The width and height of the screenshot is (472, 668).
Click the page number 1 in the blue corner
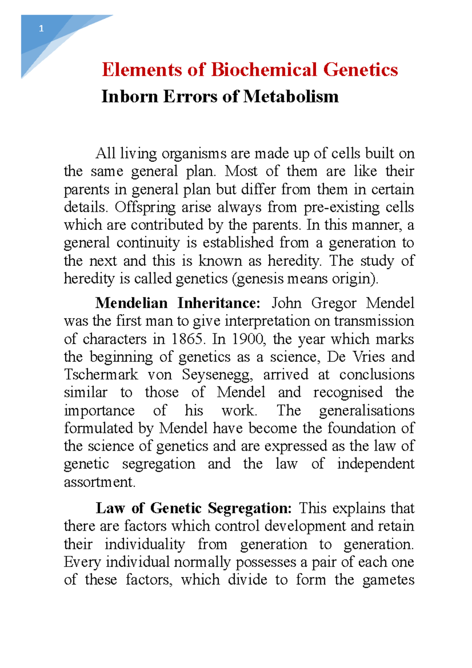[41, 29]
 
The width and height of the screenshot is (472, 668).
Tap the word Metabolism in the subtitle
[291, 96]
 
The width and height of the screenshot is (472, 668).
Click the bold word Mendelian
[131, 303]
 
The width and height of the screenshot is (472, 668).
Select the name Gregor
[334, 303]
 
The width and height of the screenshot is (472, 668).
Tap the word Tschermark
[101, 375]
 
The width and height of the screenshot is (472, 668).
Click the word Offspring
[145, 208]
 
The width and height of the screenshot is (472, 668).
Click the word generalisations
[367, 411]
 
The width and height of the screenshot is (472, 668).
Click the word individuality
[144, 545]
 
